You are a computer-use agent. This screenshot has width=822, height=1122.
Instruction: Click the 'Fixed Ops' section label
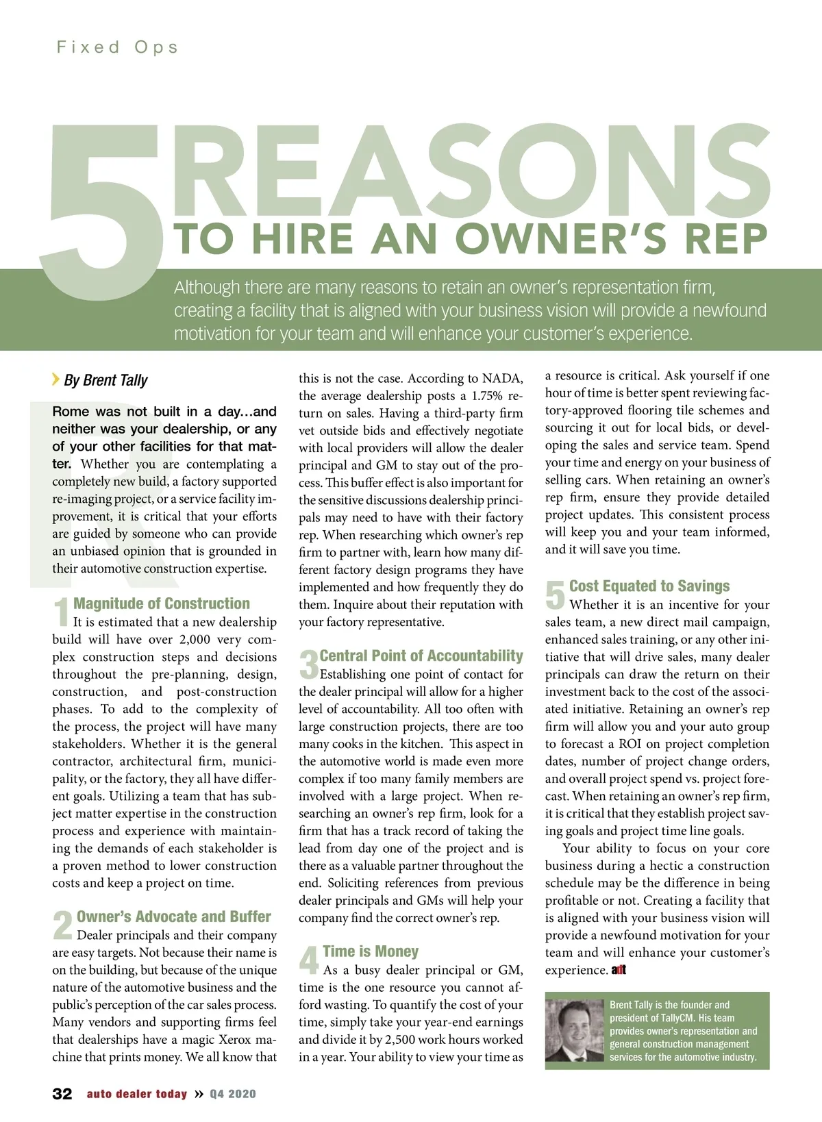coord(117,47)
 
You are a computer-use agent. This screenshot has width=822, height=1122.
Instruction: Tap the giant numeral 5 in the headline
coord(103,205)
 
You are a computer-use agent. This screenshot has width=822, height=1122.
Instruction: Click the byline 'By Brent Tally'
coord(105,380)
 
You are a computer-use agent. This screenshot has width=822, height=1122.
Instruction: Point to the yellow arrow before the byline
coord(55,379)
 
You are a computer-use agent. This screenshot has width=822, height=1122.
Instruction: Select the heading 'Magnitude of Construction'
coord(162,603)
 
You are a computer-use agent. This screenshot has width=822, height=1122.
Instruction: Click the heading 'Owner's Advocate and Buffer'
coord(173,917)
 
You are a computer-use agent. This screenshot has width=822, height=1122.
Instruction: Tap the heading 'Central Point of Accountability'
coord(421,656)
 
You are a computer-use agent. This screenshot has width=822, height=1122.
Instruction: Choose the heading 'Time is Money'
coord(370,951)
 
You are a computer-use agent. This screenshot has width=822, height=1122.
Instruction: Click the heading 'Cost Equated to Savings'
coord(649,586)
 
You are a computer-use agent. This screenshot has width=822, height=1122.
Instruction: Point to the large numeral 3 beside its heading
coord(308,664)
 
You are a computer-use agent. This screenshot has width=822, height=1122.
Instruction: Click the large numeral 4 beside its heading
coord(309,960)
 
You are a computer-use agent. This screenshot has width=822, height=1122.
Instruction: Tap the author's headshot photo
coord(575,1030)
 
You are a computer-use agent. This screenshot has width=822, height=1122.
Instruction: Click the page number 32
coord(62,1094)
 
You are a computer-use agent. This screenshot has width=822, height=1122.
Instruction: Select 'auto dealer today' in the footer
coord(136,1094)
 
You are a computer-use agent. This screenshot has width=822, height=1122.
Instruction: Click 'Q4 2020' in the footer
coord(233,1094)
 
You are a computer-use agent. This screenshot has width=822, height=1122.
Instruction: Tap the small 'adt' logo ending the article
coord(619,970)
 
